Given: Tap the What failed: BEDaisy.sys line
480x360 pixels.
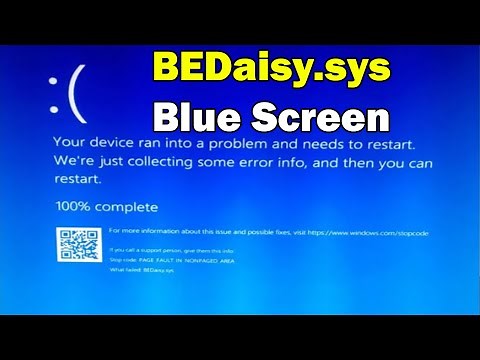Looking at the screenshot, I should [141, 270].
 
